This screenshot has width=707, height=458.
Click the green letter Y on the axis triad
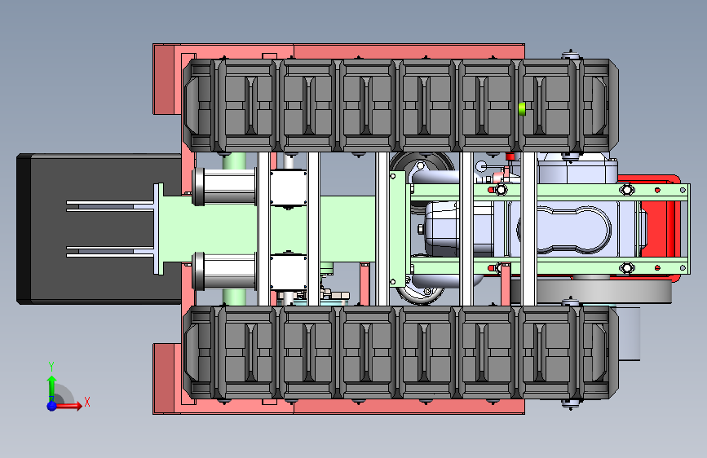[51, 366]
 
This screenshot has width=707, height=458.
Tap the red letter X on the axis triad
[87, 402]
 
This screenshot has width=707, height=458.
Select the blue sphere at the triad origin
[52, 406]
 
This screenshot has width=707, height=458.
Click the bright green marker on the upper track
[522, 109]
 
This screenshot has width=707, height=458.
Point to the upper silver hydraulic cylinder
[224, 187]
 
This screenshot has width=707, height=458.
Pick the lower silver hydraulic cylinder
[224, 271]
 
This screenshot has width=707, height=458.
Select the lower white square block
[289, 272]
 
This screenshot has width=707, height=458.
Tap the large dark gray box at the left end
[99, 229]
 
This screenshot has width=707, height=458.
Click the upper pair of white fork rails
[110, 206]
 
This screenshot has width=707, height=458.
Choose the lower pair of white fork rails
[110, 252]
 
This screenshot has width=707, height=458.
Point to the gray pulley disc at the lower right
[604, 292]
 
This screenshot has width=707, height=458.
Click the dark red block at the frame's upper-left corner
[164, 80]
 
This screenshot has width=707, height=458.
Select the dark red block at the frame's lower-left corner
[164, 379]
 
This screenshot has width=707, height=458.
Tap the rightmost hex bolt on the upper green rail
[627, 190]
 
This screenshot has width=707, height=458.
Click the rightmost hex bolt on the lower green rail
[627, 268]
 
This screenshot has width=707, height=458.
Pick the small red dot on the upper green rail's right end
[657, 190]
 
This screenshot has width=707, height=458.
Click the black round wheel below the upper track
[422, 165]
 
